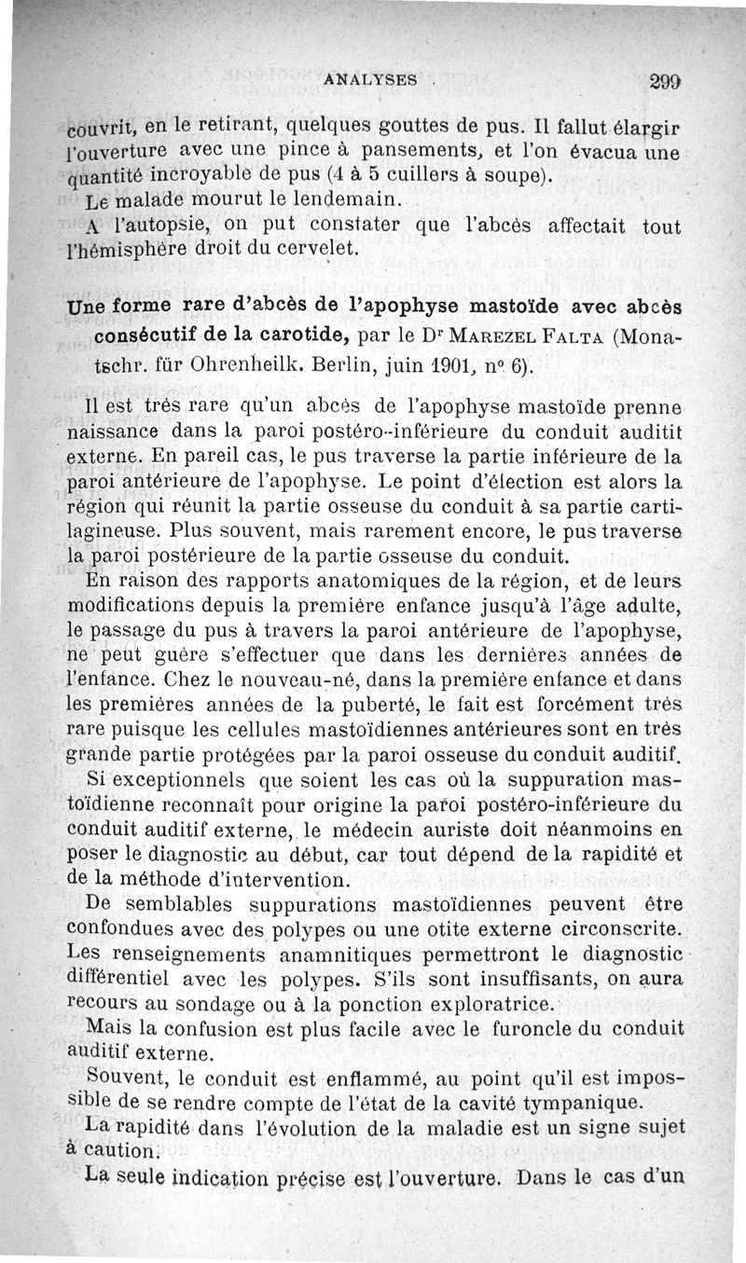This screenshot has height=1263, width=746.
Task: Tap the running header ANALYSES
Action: click(368, 80)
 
